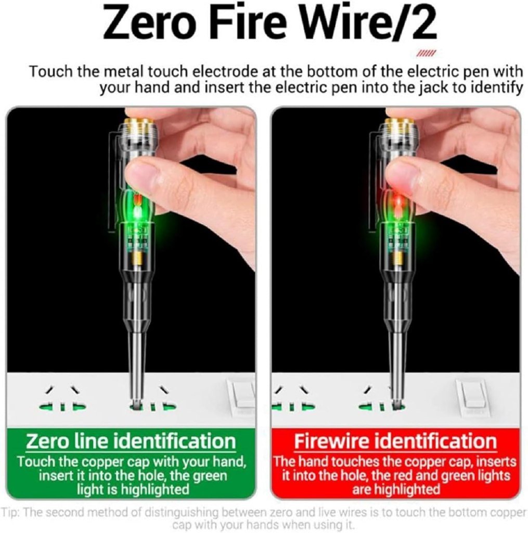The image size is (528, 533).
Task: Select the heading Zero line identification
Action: [131, 441]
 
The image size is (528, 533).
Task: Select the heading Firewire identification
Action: [395, 441]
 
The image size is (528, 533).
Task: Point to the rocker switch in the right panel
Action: [471, 398]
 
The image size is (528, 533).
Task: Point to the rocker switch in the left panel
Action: [242, 398]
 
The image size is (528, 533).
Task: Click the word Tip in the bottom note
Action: [11, 512]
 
